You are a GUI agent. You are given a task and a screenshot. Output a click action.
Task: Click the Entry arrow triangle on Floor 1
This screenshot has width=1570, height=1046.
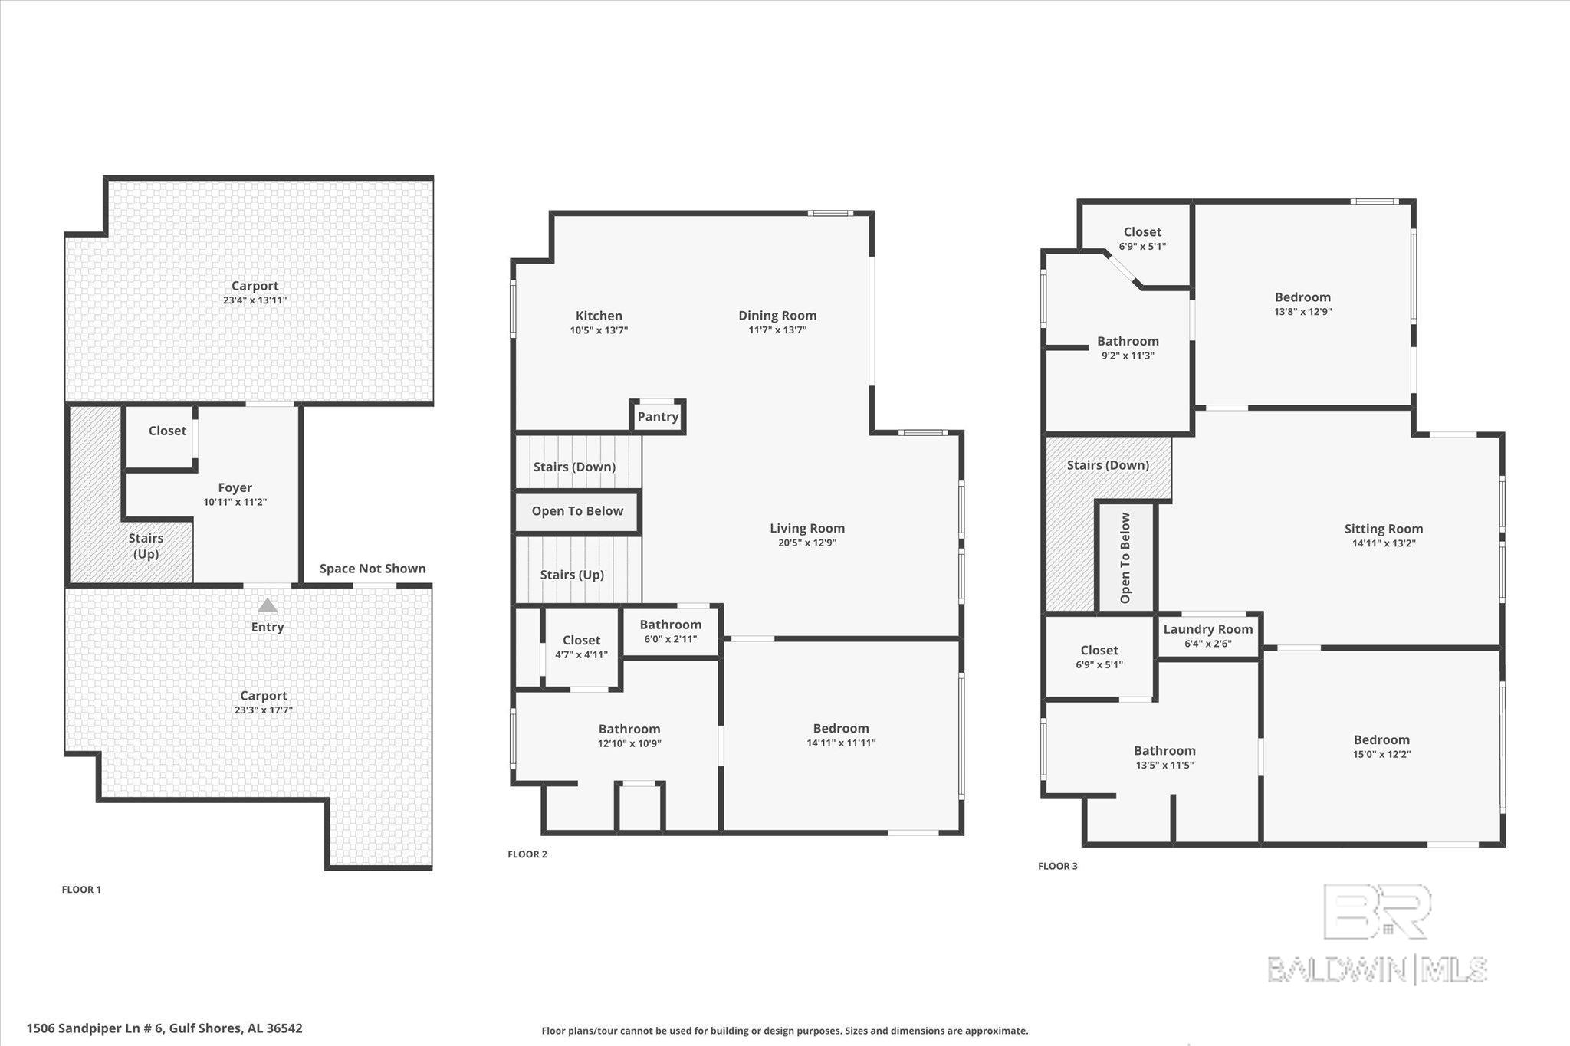267,605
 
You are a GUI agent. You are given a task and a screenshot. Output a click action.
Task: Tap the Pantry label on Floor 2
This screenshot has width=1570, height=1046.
658,416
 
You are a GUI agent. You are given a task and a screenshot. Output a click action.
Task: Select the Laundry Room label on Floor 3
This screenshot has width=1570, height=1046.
1207,629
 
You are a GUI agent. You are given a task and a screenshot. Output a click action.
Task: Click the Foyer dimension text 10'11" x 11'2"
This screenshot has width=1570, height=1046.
235,502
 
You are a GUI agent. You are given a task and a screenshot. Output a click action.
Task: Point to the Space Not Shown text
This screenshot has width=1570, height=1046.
372,568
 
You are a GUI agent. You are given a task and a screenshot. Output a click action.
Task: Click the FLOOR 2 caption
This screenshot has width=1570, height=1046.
527,854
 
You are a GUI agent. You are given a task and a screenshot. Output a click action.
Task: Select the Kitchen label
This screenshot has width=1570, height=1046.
599,316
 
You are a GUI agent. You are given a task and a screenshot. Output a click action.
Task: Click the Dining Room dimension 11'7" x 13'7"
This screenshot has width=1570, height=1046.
777,330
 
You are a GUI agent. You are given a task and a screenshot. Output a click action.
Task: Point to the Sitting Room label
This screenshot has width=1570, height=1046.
1383,529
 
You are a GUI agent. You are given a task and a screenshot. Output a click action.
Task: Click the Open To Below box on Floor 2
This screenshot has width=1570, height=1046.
577,511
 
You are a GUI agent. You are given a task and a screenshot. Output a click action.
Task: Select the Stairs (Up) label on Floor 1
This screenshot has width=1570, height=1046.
146,546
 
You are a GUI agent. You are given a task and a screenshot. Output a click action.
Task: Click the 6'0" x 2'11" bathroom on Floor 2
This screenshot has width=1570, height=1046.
670,631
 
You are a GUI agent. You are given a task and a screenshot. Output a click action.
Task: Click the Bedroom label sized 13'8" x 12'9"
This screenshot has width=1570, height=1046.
1302,297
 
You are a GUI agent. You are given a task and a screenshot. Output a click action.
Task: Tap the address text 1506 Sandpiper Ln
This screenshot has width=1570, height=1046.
164,1028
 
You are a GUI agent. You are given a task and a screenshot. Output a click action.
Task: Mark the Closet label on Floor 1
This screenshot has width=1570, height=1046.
167,431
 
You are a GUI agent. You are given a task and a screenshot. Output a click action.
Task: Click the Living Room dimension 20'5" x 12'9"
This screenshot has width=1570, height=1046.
806,543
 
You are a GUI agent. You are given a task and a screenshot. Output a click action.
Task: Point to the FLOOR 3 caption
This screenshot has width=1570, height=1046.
1057,866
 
